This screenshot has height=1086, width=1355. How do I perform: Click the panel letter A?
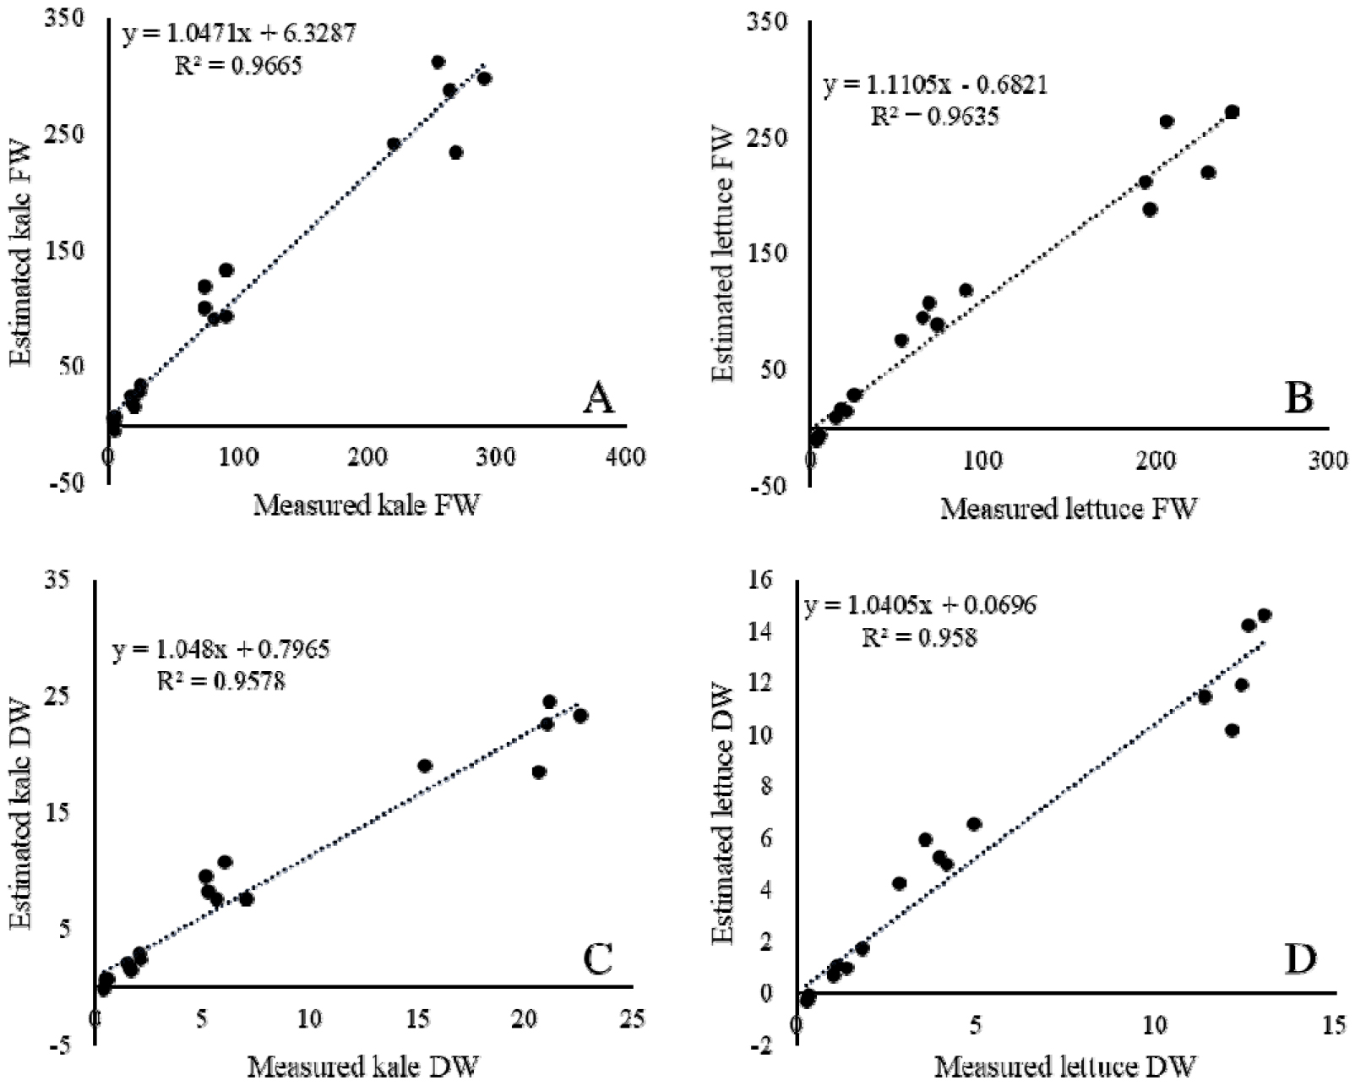598,397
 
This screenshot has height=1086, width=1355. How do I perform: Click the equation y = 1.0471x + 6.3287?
240,34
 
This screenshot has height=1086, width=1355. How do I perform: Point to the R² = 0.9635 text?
934,116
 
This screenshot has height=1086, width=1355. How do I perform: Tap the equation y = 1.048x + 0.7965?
221,649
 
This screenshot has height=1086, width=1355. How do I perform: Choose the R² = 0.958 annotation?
919,636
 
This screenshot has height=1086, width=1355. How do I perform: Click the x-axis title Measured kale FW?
367,505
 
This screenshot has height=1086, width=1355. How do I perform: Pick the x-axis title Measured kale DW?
363,1067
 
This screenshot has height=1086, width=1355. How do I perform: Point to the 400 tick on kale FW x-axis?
626,457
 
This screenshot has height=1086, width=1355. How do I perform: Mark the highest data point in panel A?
438,62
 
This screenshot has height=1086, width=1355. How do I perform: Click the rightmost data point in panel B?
1232,112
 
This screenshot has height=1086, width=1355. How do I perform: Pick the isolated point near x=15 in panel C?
425,766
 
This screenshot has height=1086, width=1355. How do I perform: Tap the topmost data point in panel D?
1264,615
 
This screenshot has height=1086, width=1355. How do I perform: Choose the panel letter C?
598,960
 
